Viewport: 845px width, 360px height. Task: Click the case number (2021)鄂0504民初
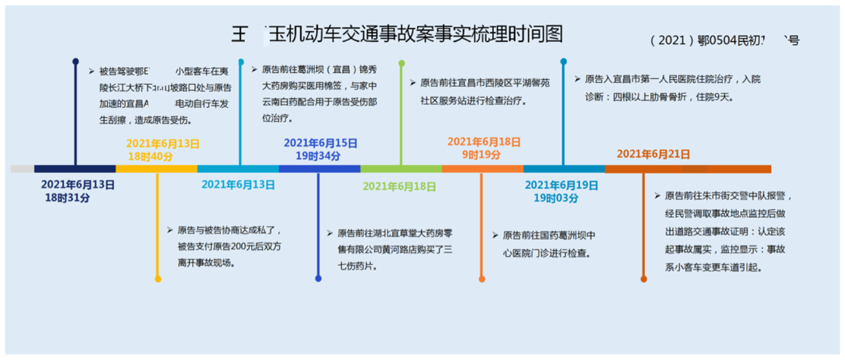[x=724, y=41]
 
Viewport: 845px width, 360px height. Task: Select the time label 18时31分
[x=67, y=198]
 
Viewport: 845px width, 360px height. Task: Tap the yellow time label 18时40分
[x=154, y=156]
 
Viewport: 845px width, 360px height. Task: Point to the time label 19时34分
[x=318, y=156]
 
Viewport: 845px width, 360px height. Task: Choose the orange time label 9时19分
[x=481, y=154]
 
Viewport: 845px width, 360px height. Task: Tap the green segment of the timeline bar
[x=401, y=169]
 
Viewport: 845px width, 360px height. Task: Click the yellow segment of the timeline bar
[x=156, y=169]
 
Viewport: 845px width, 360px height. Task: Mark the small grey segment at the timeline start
[x=22, y=169]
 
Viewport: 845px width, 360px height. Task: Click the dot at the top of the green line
[x=401, y=63]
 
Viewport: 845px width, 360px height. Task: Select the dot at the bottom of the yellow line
[x=158, y=279]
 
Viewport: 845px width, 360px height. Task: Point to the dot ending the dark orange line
[x=644, y=279]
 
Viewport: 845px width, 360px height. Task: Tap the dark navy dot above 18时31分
[x=76, y=62]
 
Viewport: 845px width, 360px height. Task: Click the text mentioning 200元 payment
[x=229, y=246]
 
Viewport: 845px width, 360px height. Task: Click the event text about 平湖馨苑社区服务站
[x=480, y=92]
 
